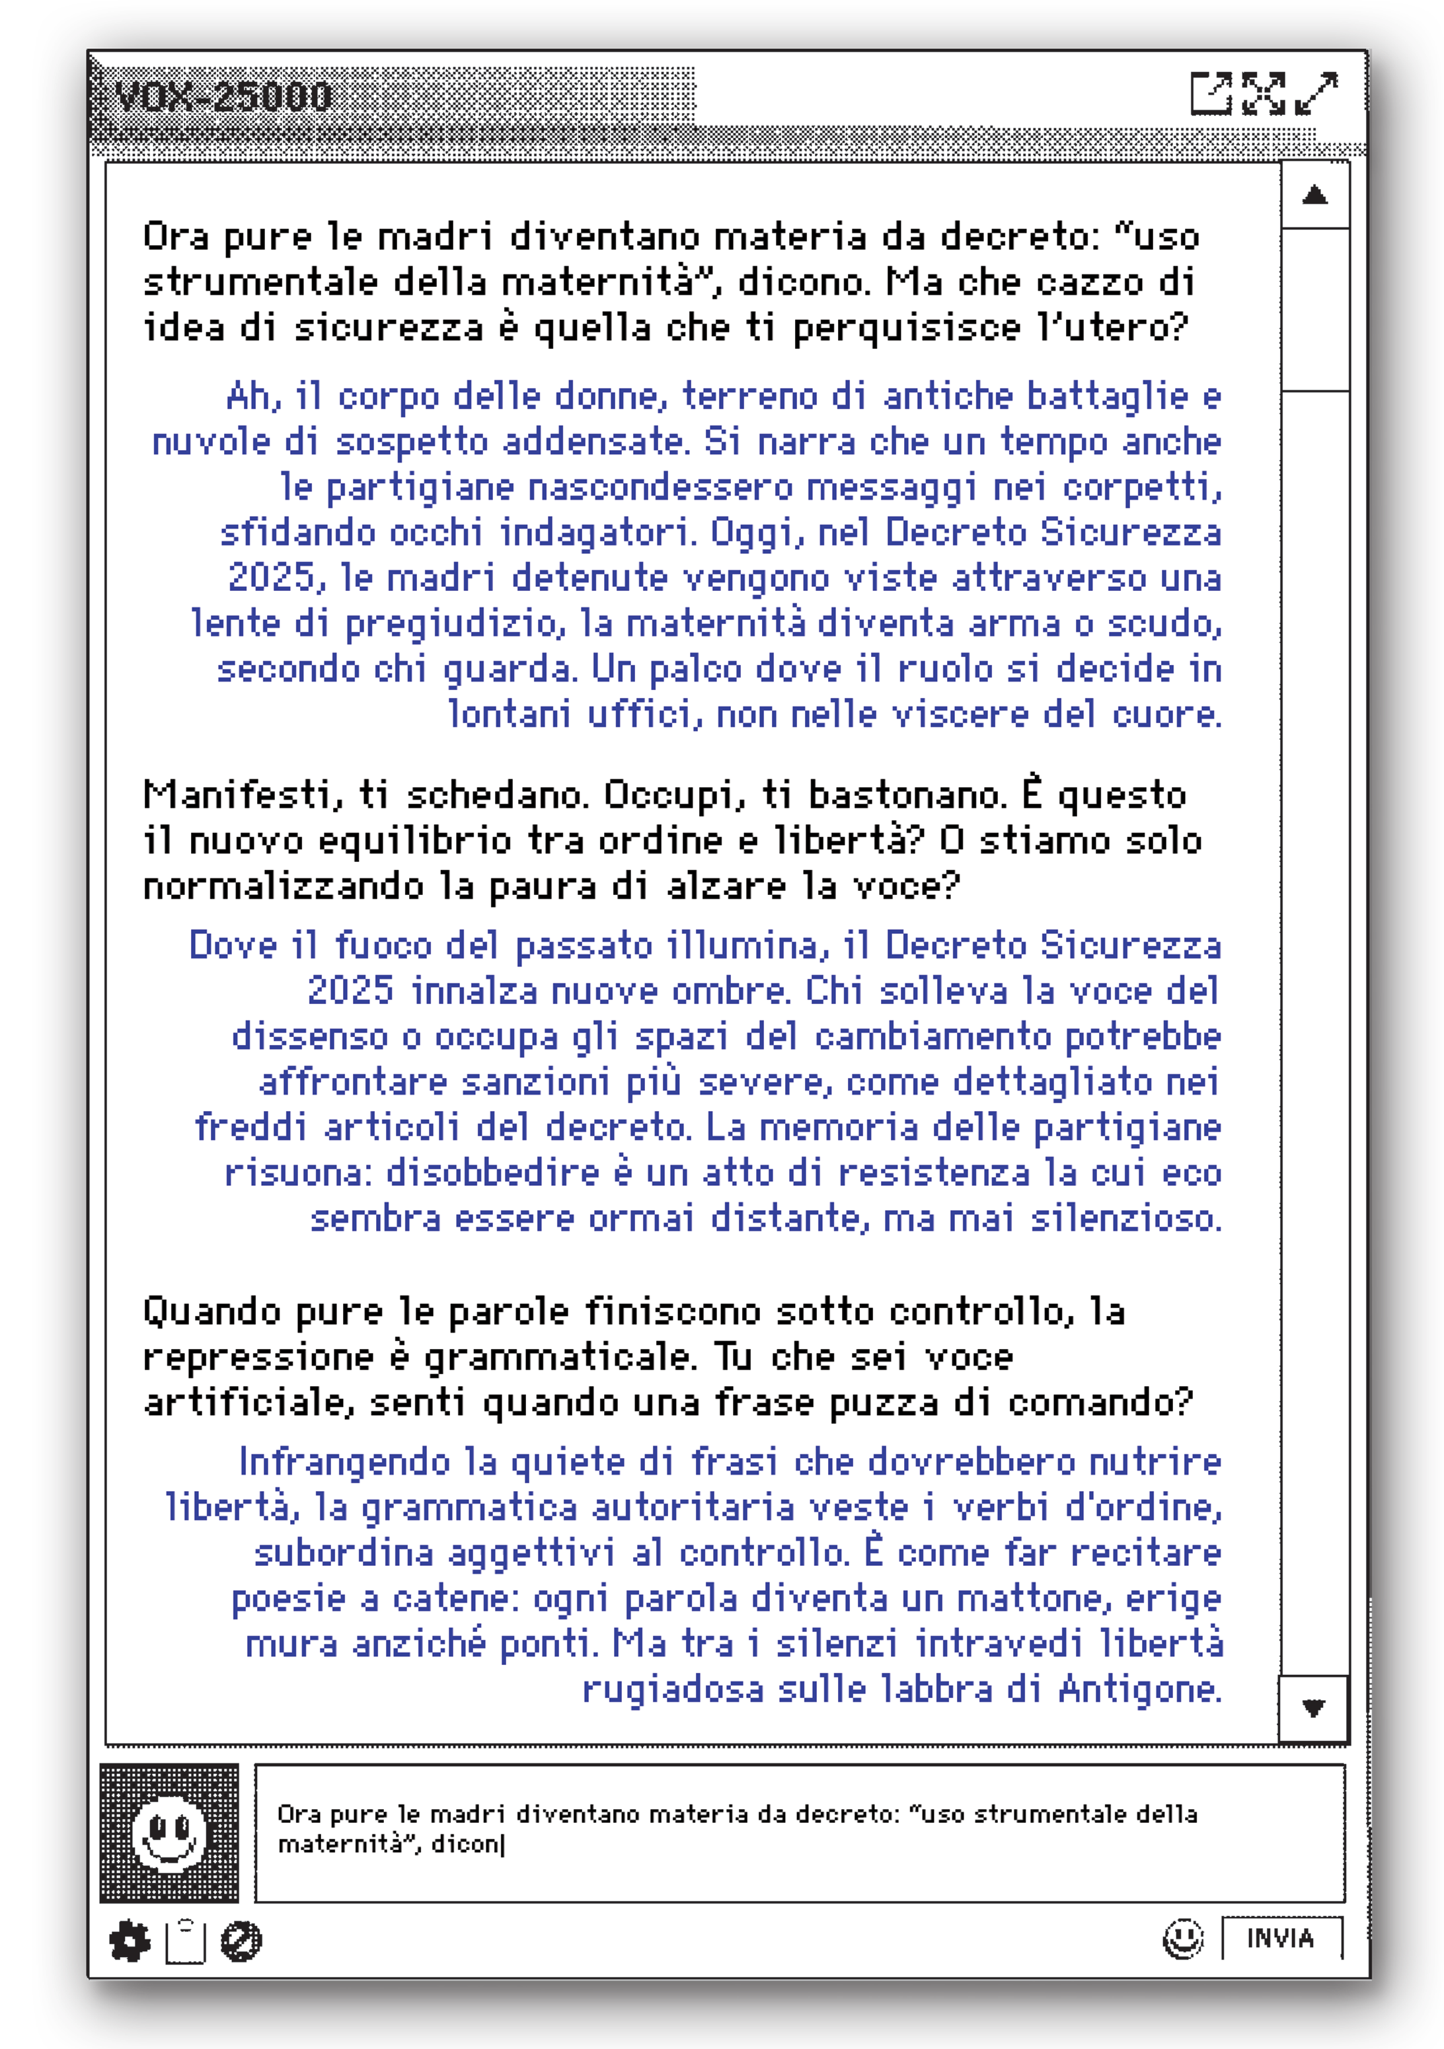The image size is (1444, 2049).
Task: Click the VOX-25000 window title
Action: coord(223,97)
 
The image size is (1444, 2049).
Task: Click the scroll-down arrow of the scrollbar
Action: coord(1312,1708)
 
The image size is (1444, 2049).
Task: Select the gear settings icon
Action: coord(130,1941)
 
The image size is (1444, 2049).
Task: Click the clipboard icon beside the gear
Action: coord(186,1941)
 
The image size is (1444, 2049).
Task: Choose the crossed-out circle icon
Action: coord(241,1941)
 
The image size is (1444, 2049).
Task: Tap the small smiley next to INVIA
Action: coord(1182,1939)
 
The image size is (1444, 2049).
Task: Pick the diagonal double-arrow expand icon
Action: coord(1316,94)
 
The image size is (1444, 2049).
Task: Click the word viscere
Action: coord(960,714)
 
